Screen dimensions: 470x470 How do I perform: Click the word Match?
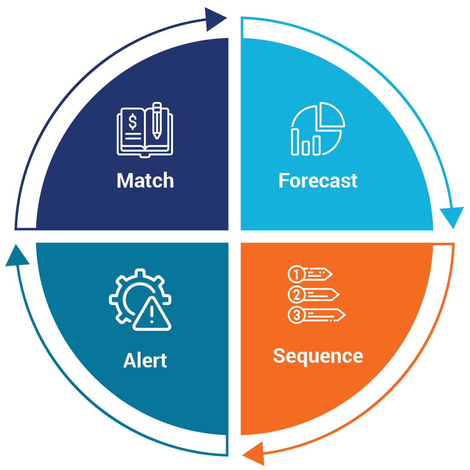(145, 181)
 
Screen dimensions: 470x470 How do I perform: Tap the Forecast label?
(318, 181)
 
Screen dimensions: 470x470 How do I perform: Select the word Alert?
(145, 361)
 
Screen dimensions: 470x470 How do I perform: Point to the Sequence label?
(318, 356)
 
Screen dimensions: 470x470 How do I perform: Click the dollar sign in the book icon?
(133, 122)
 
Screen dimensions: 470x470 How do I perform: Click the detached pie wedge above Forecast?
(332, 114)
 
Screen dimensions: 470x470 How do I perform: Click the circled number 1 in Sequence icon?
(296, 274)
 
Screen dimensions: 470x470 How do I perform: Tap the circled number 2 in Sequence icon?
(296, 294)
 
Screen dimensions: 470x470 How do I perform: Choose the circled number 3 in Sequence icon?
(296, 315)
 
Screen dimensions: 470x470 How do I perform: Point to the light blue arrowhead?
(451, 217)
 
